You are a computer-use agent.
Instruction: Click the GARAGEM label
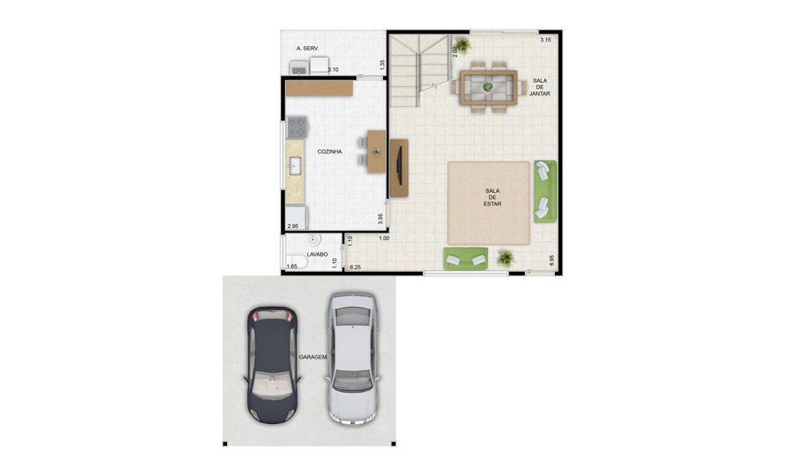click(x=313, y=357)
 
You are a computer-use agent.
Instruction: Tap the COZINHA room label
click(x=330, y=151)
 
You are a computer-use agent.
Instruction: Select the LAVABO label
click(x=317, y=254)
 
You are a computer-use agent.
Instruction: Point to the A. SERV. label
click(x=307, y=49)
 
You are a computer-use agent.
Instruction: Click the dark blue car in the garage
click(x=272, y=365)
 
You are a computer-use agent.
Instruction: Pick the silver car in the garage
click(x=353, y=359)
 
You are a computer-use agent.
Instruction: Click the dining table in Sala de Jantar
click(x=488, y=88)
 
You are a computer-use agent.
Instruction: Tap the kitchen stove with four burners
click(x=297, y=127)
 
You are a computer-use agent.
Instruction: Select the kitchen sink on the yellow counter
click(x=295, y=166)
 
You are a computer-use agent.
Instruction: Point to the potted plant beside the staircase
click(x=463, y=45)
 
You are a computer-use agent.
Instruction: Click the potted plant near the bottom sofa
click(x=506, y=258)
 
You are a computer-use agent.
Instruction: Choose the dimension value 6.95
click(x=551, y=261)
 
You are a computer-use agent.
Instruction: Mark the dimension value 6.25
click(x=355, y=268)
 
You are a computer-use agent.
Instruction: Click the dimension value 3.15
click(x=546, y=40)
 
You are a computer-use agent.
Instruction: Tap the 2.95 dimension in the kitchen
click(x=293, y=226)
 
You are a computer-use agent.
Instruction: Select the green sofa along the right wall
click(x=546, y=190)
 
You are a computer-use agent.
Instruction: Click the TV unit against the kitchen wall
click(x=398, y=168)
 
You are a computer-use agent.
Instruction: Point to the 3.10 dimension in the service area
click(x=333, y=69)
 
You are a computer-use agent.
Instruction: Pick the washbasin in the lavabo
click(x=313, y=240)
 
